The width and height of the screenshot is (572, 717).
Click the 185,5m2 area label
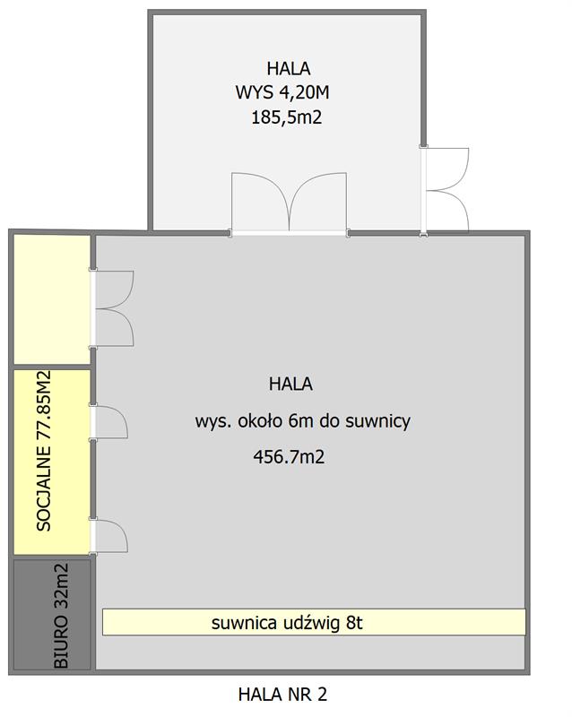[x=287, y=117]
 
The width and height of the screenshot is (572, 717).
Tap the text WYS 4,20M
[x=282, y=93]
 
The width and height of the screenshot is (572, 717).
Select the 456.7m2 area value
[x=289, y=457]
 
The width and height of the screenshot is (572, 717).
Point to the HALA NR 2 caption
[x=282, y=694]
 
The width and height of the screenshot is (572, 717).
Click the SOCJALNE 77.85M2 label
[x=44, y=451]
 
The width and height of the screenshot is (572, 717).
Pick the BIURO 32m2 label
[x=61, y=616]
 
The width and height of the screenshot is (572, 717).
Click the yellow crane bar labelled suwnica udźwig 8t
[x=314, y=622]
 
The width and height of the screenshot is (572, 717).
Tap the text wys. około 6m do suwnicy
[x=302, y=420]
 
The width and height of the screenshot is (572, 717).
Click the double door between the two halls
[x=289, y=203]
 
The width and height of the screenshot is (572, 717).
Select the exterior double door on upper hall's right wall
[x=445, y=190]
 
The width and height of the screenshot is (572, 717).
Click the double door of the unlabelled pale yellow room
[x=112, y=308]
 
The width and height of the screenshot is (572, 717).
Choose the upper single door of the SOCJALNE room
[x=108, y=422]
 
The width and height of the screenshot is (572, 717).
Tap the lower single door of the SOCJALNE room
[x=108, y=536]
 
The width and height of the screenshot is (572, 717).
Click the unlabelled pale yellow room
[x=52, y=299]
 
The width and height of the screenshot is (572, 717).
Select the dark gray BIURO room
[x=52, y=615]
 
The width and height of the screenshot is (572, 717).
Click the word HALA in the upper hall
[x=289, y=69]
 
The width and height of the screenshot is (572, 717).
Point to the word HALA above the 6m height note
[x=290, y=384]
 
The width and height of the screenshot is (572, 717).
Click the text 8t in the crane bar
[x=354, y=622]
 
